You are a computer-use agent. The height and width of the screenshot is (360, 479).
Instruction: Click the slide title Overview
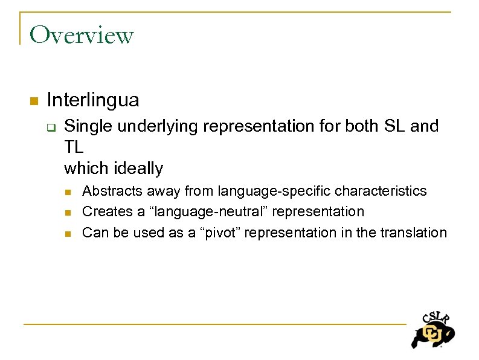point(82,35)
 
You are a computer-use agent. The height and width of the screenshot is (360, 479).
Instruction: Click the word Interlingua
point(92,99)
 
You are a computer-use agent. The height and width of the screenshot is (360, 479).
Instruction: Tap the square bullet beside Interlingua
point(34,100)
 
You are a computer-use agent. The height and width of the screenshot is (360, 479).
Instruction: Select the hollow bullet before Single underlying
point(51,127)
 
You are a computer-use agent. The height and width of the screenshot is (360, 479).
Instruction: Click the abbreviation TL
point(74,147)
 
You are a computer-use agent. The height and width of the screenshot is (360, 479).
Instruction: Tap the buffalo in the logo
point(431,335)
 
